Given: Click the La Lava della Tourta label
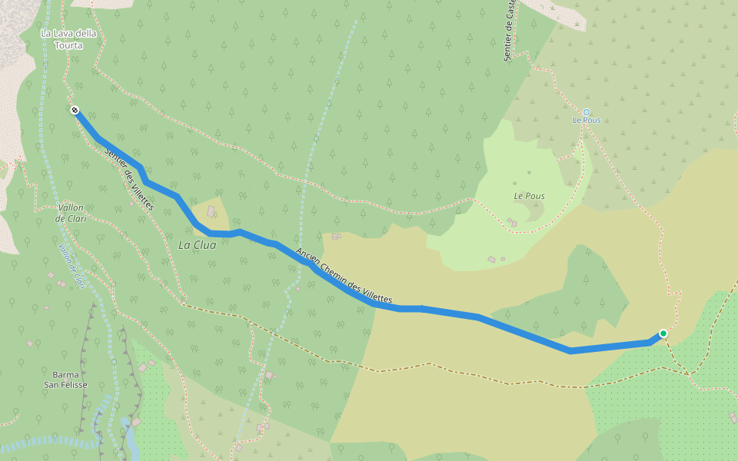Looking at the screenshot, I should pyautogui.click(x=62, y=39).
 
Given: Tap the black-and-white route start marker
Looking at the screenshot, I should pyautogui.click(x=75, y=111).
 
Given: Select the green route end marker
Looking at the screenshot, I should pyautogui.click(x=663, y=333).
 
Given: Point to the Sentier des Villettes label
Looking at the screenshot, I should pyautogui.click(x=128, y=177).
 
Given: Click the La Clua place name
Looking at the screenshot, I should pyautogui.click(x=197, y=245).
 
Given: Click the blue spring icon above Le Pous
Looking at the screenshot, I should pyautogui.click(x=586, y=111).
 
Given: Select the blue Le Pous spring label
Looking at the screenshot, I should pyautogui.click(x=586, y=121).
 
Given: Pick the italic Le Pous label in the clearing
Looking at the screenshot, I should pyautogui.click(x=529, y=196).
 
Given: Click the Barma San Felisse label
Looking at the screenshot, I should pyautogui.click(x=65, y=380).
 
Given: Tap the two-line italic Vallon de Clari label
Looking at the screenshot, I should pyautogui.click(x=70, y=213).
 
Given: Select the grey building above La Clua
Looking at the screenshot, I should pyautogui.click(x=211, y=211).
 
